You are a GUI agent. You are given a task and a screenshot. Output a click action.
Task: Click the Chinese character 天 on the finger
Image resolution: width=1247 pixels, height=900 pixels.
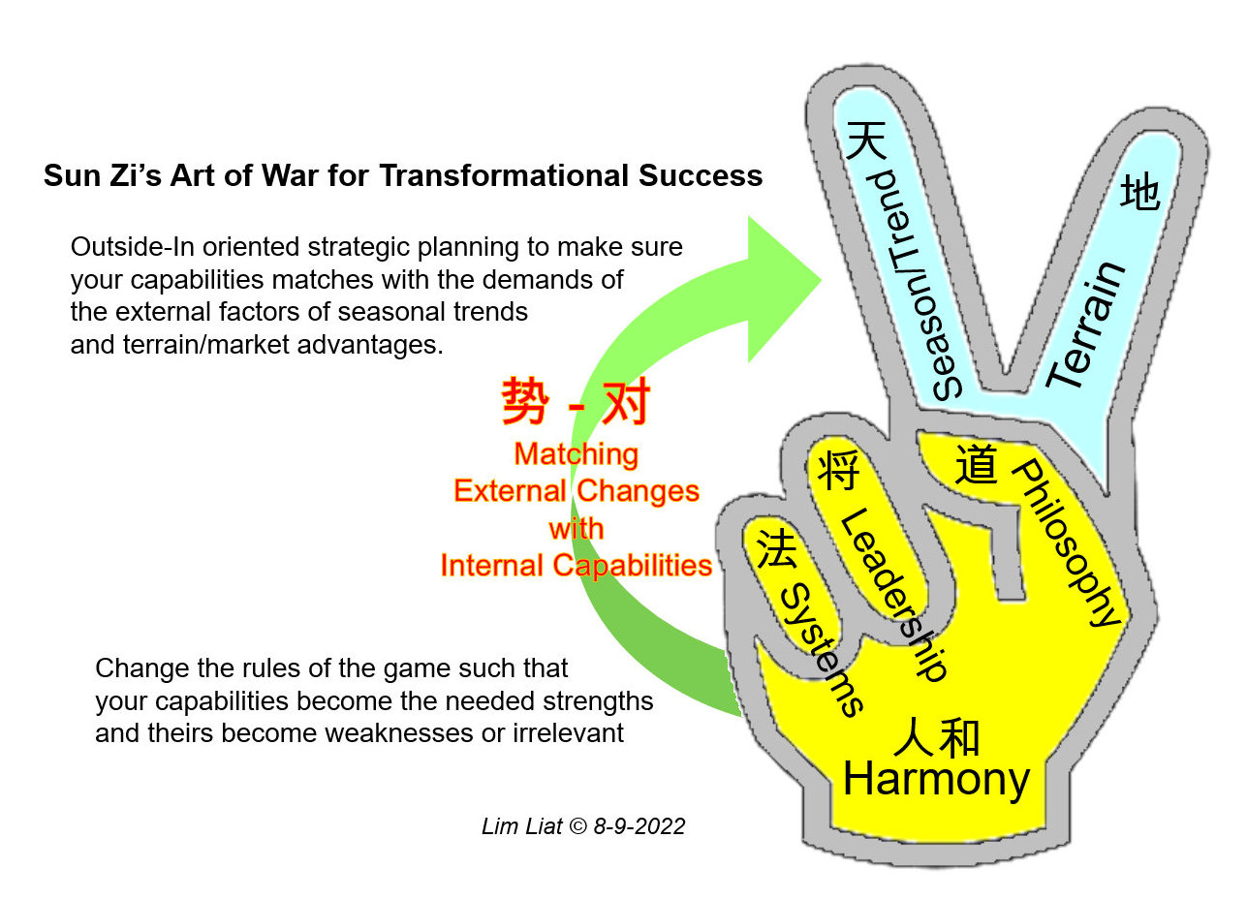[x=866, y=140]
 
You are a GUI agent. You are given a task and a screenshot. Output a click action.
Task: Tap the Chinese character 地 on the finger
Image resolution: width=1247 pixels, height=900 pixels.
[x=1140, y=192]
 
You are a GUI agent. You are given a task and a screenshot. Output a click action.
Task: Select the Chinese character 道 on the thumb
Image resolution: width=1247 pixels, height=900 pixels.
[x=976, y=464]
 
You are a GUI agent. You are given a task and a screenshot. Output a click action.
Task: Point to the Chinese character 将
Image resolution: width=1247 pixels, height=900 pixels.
[x=839, y=471]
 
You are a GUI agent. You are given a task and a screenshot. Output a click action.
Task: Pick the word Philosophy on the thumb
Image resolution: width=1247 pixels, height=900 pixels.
[x=1065, y=543]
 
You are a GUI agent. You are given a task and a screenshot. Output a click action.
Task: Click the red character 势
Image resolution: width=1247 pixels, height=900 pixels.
[x=525, y=401]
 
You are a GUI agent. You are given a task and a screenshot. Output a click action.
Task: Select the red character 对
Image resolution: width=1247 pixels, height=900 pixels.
[x=626, y=401]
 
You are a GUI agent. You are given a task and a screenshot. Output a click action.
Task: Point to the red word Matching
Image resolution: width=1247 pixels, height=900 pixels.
[x=577, y=454]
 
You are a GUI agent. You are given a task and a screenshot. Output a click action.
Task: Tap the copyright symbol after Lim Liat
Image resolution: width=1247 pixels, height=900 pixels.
[x=578, y=826]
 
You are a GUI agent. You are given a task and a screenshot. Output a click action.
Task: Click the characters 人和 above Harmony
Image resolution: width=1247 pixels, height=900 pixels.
[x=936, y=737]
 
